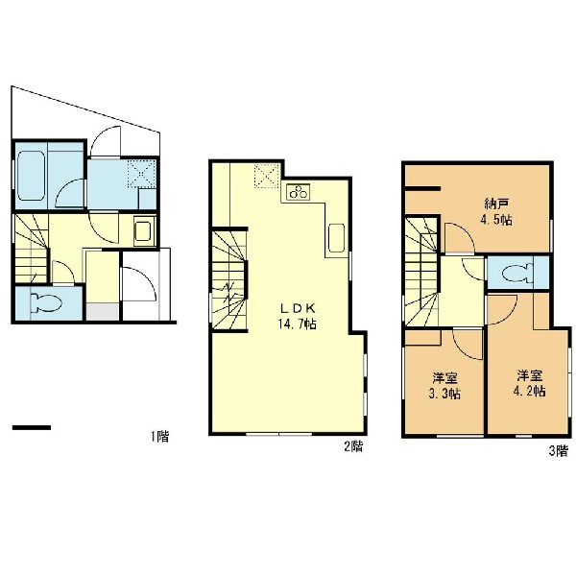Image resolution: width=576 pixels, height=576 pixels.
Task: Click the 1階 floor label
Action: tap(159, 437)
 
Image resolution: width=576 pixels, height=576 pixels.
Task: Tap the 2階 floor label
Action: tap(353, 446)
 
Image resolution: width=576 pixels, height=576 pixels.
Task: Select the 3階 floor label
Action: tap(559, 451)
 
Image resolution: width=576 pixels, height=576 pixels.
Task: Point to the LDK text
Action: tap(298, 307)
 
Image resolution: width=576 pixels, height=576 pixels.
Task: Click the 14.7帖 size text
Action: tap(297, 324)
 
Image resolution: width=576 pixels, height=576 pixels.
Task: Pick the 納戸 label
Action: tap(496, 204)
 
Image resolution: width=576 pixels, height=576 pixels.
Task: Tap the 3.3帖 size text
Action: tap(444, 394)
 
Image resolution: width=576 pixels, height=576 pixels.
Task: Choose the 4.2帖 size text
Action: tap(529, 391)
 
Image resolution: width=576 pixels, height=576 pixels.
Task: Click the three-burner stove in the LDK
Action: tap(299, 191)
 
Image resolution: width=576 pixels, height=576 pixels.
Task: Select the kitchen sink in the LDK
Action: tap(337, 238)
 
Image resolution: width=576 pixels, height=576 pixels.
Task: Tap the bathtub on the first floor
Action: tap(32, 177)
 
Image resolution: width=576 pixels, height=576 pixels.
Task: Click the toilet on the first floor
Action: tap(46, 302)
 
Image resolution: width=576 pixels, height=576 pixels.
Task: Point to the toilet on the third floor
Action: tap(517, 273)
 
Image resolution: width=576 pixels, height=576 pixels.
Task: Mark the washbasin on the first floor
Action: tap(145, 231)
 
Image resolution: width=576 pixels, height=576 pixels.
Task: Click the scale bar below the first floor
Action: tap(32, 427)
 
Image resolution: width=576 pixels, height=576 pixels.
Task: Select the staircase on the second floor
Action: tap(229, 280)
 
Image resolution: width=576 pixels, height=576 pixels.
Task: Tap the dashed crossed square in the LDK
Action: tap(267, 176)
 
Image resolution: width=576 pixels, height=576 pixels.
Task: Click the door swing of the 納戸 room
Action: tap(459, 238)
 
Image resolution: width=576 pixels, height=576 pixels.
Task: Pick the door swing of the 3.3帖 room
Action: tap(468, 344)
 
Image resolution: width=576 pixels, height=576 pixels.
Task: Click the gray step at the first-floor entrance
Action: tap(103, 312)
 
